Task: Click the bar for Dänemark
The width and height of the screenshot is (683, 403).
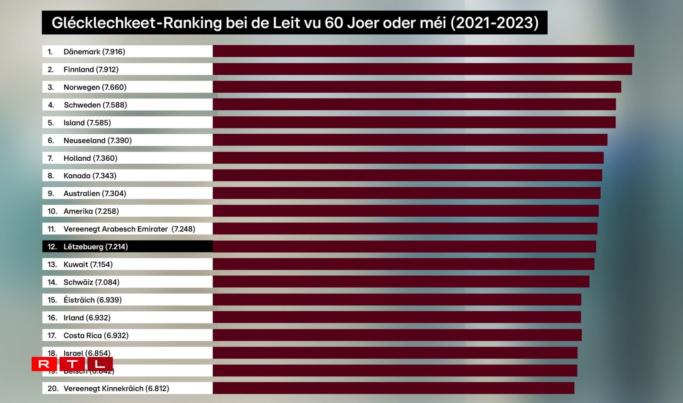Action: coord(423,51)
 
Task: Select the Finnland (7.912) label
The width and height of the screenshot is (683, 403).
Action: coord(91,69)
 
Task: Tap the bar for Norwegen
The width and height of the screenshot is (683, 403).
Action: coord(417,87)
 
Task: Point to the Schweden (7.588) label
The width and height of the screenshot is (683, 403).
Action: coord(95,105)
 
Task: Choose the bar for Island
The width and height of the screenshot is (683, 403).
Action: coord(414,122)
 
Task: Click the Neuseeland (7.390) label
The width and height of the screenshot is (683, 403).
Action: coord(97,140)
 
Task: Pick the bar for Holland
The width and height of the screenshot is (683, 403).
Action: coord(408,158)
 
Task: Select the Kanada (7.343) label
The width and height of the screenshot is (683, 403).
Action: coord(90,176)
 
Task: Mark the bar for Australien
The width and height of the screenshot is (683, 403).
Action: coord(407,193)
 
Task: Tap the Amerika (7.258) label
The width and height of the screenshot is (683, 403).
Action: coord(91,211)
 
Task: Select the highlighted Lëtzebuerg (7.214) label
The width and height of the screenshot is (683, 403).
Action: coord(96,247)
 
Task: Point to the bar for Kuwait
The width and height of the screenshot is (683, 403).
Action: coord(404,264)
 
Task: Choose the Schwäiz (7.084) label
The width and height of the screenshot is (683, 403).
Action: coord(91,282)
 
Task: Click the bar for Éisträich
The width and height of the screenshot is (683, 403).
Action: coord(397,300)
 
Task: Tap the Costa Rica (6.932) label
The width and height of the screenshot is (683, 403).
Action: coord(96,335)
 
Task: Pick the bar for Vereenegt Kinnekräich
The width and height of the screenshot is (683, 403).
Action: coord(393,388)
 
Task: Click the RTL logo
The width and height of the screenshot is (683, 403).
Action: coord(72,364)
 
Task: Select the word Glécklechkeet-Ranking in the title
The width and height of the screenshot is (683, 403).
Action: coord(136,23)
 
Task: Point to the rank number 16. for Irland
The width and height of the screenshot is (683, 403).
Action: coord(52,318)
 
